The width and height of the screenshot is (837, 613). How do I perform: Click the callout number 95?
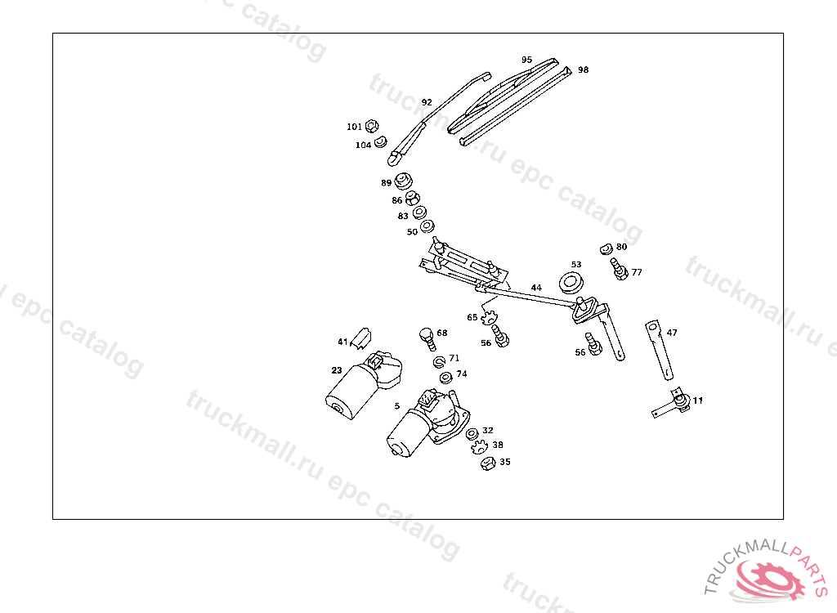pos(526,60)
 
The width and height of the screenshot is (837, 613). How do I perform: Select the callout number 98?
pos(583,70)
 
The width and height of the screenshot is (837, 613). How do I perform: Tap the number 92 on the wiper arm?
pos(427,102)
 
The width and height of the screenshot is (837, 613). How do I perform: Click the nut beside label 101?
pos(371,126)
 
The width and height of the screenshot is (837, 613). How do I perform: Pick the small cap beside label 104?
pos(380,143)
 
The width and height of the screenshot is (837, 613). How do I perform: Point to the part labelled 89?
pos(403,181)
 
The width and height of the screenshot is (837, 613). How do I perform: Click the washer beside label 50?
pos(427,226)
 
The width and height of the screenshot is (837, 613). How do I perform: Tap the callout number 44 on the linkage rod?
pos(536,288)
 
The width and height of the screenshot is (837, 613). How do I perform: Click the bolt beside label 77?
pos(618,269)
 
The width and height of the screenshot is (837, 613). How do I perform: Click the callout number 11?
pos(697,400)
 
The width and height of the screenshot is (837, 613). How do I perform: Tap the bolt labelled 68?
pos(425,335)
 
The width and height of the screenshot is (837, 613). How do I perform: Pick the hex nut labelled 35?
pos(486,463)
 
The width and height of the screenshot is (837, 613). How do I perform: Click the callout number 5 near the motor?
pos(397,405)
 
